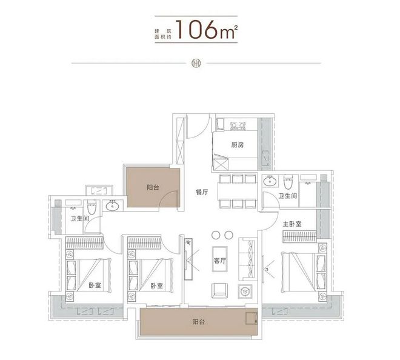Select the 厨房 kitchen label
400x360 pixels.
pyautogui.click(x=237, y=145)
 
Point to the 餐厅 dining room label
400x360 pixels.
pyautogui.click(x=202, y=192)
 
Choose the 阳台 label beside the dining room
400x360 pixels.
pyautogui.click(x=153, y=188)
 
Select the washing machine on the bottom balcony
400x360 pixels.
pyautogui.click(x=250, y=319)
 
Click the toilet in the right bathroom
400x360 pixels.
pyautogui.click(x=288, y=181)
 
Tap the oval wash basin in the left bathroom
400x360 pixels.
pyautogui.click(x=112, y=207)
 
